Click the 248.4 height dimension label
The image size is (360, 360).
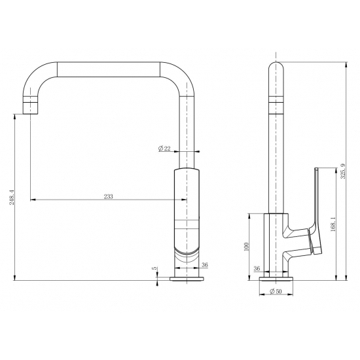[10, 196]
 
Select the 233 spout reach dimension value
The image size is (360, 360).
[108, 196]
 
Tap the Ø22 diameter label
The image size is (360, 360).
[164, 149]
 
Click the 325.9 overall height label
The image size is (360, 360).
[343, 171]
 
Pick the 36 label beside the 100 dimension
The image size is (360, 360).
[257, 268]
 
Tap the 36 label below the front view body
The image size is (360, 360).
[204, 265]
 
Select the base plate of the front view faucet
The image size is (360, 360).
[187, 279]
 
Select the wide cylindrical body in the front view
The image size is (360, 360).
[187, 216]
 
